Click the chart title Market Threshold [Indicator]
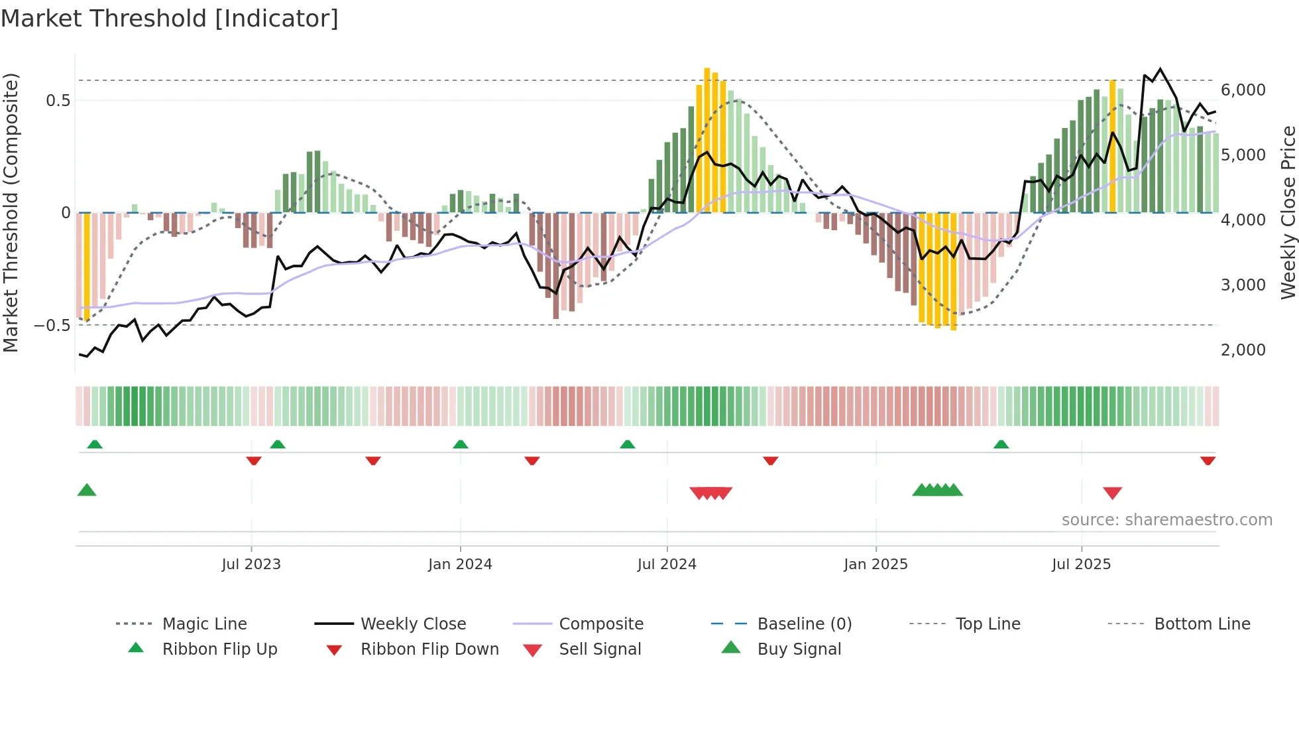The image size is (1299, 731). (x=170, y=19)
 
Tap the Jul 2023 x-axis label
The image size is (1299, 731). (x=251, y=565)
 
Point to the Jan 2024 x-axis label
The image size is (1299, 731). (x=460, y=565)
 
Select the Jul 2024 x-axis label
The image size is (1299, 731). (x=667, y=565)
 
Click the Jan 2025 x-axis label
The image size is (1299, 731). (x=875, y=565)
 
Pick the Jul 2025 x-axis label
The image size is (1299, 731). (x=1081, y=565)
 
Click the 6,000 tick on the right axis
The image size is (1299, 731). (x=1243, y=90)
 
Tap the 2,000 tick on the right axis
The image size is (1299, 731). (x=1243, y=350)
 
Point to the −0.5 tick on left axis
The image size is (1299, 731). (x=52, y=326)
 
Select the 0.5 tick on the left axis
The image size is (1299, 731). (x=58, y=101)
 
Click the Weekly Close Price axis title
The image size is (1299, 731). (x=1288, y=212)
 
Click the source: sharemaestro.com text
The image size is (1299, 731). (x=1166, y=520)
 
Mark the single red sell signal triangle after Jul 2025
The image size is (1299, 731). (x=1112, y=493)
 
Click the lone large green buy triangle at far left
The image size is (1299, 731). (x=87, y=490)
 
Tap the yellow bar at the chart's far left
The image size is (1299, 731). (x=87, y=265)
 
